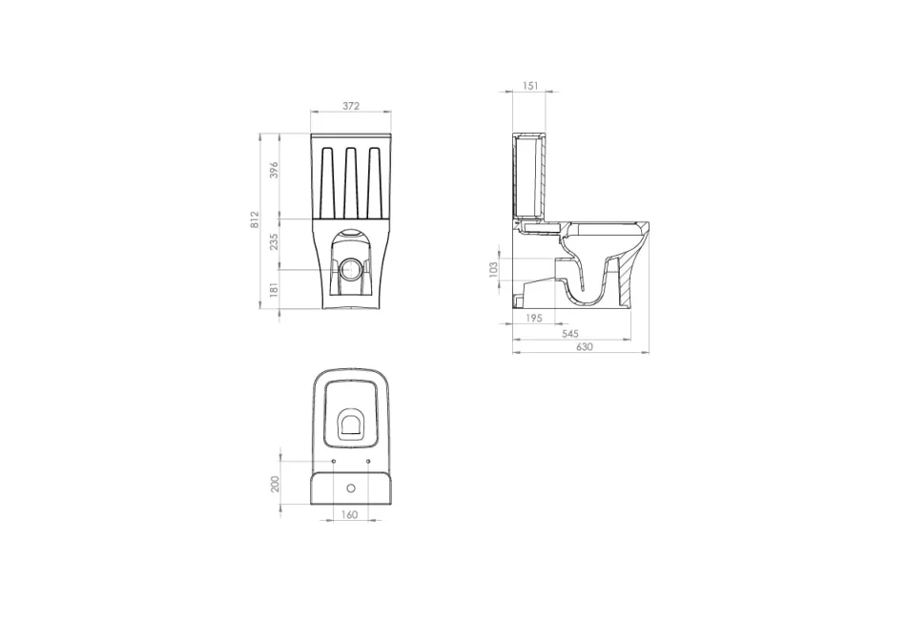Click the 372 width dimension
coord(351,107)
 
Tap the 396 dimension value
coord(274,171)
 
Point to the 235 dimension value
coord(274,241)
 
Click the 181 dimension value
coord(274,288)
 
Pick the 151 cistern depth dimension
coord(531,86)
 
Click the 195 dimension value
coord(534,319)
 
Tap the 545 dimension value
coord(570,333)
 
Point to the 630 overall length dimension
coord(585,347)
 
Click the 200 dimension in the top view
coord(276,483)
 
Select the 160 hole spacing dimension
coord(349,516)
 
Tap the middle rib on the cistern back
coord(351,180)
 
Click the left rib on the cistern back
coord(327,180)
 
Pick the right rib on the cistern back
coord(375,180)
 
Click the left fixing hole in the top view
coord(333,462)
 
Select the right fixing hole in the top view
coord(369,462)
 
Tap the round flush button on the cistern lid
coord(351,488)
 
